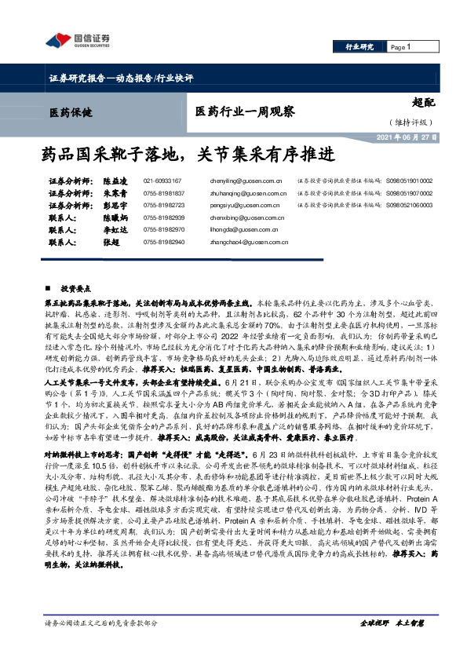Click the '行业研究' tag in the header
(360, 47)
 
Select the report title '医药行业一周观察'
(244, 111)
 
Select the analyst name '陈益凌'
(118, 181)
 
